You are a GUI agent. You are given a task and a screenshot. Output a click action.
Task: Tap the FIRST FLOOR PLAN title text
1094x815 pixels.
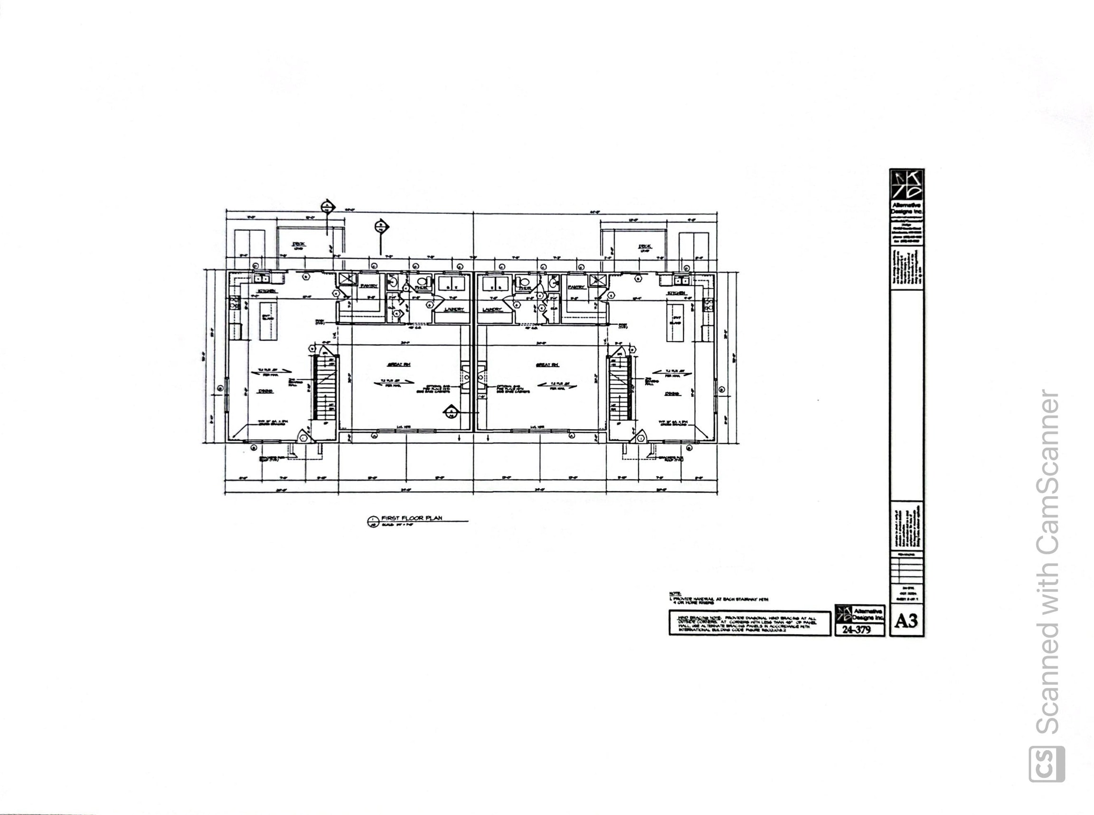(x=412, y=518)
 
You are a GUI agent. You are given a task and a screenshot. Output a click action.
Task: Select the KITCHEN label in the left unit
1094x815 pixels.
(x=266, y=291)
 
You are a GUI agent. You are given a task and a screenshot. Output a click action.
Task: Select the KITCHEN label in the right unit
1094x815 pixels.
(x=677, y=293)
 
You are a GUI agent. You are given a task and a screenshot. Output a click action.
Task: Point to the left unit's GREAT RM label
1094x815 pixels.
(x=399, y=365)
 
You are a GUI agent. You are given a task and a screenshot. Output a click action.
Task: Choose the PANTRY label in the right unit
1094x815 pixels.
(x=576, y=287)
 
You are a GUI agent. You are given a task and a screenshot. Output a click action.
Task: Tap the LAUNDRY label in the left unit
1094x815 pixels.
(x=454, y=309)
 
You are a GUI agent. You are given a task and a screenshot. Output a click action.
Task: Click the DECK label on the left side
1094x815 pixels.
(x=299, y=244)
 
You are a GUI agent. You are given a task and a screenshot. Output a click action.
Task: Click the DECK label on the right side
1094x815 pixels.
(x=644, y=246)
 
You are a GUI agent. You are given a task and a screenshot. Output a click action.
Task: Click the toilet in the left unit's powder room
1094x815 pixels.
(x=421, y=283)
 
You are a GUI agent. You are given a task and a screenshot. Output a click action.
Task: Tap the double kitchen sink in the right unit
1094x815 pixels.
(x=682, y=281)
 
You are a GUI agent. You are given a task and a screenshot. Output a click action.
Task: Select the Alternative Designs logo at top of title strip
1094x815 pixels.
(x=906, y=185)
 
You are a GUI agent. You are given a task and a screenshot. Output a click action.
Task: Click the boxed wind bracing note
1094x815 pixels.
(x=749, y=623)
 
